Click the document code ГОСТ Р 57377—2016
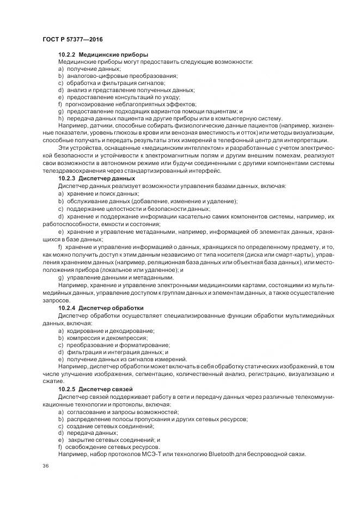coord(72,40)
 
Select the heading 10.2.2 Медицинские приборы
coord(103,55)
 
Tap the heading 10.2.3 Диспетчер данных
coord(96,178)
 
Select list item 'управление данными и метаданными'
coord(119,277)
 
